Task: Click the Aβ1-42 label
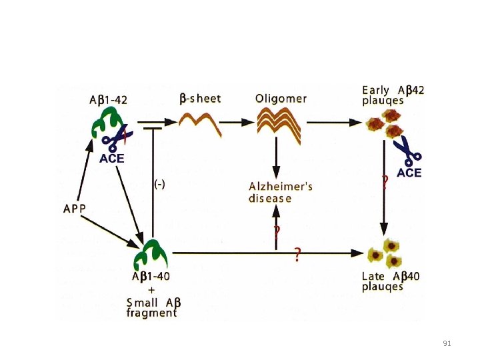(x=109, y=100)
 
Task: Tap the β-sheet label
(x=200, y=98)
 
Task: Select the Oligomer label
(x=281, y=98)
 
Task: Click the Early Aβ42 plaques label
(x=392, y=95)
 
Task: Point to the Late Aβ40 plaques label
(x=391, y=281)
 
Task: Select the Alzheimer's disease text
(x=280, y=191)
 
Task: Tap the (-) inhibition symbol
(x=161, y=184)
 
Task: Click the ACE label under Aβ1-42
(x=112, y=159)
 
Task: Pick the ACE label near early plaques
(x=409, y=173)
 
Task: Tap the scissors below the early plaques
(x=407, y=151)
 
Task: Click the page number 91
(x=447, y=343)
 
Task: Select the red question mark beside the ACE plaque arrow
(x=385, y=182)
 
